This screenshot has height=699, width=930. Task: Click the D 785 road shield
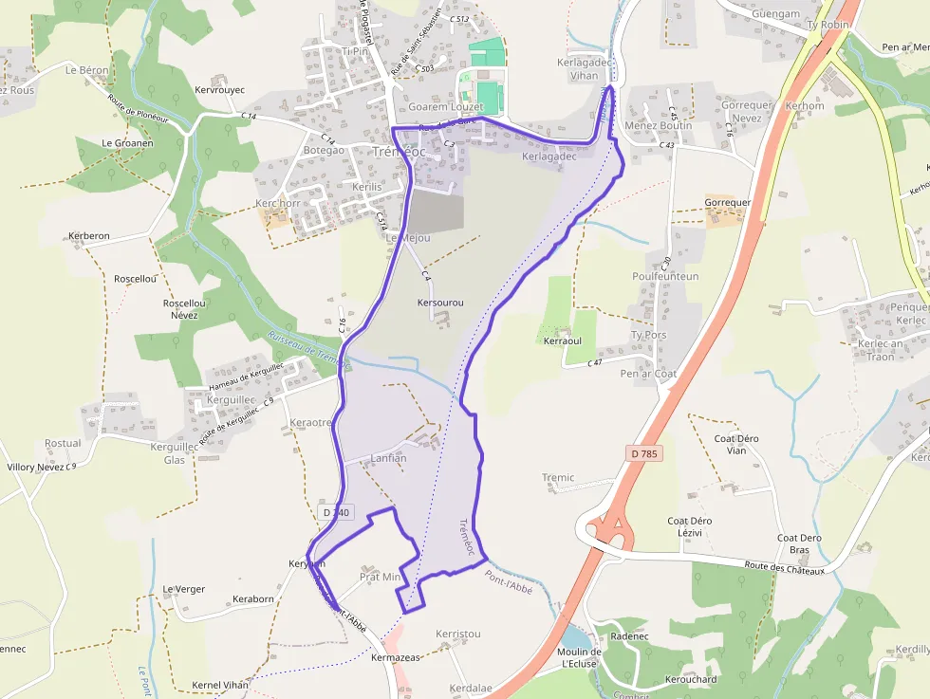pyautogui.click(x=643, y=454)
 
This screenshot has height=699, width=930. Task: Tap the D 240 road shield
pyautogui.click(x=336, y=512)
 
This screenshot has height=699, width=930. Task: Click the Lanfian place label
pyautogui.click(x=388, y=458)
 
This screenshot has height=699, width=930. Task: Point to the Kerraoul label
pyautogui.click(x=562, y=340)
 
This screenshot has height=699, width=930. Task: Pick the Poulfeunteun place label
pyautogui.click(x=665, y=277)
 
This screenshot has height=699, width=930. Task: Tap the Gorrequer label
pyautogui.click(x=728, y=203)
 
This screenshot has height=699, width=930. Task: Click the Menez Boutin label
pyautogui.click(x=659, y=125)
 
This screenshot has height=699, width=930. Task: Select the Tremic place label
pyautogui.click(x=558, y=478)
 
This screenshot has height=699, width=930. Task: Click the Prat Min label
pyautogui.click(x=380, y=577)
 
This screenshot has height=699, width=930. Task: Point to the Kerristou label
pyautogui.click(x=458, y=634)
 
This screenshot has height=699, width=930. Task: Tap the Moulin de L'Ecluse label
pyautogui.click(x=581, y=658)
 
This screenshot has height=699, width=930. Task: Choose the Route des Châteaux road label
pyautogui.click(x=786, y=567)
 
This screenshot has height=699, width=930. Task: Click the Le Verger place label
pyautogui.click(x=183, y=589)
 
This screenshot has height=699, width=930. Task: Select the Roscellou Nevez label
pyautogui.click(x=184, y=309)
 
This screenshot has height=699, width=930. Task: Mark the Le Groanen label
pyautogui.click(x=127, y=143)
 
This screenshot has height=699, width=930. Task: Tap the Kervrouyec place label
pyautogui.click(x=219, y=90)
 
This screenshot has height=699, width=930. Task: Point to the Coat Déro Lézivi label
pyautogui.click(x=690, y=527)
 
